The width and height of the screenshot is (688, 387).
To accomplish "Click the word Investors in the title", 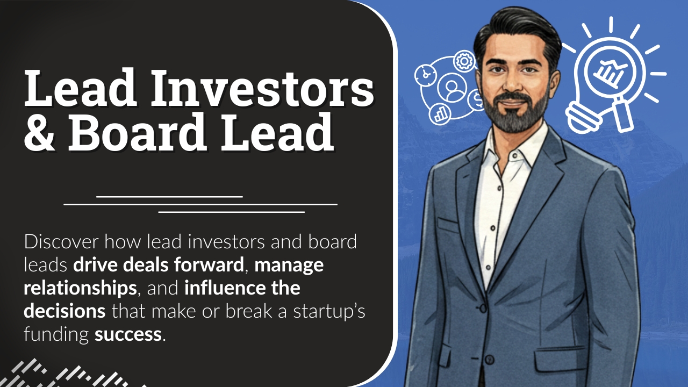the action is point(262,88).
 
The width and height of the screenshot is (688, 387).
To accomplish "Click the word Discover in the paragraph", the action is point(61,242).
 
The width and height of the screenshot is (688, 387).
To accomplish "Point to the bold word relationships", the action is point(80,289).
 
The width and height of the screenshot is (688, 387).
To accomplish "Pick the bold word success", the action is point(128,334).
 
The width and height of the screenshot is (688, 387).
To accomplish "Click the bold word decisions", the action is point(65,311).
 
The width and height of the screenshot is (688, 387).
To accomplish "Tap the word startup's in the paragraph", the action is point(329,312).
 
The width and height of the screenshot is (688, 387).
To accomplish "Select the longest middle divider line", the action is point(200,204).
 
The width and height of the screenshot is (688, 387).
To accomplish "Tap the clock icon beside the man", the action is point(425,75).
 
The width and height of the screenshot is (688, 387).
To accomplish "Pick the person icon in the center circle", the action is point(451,89).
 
